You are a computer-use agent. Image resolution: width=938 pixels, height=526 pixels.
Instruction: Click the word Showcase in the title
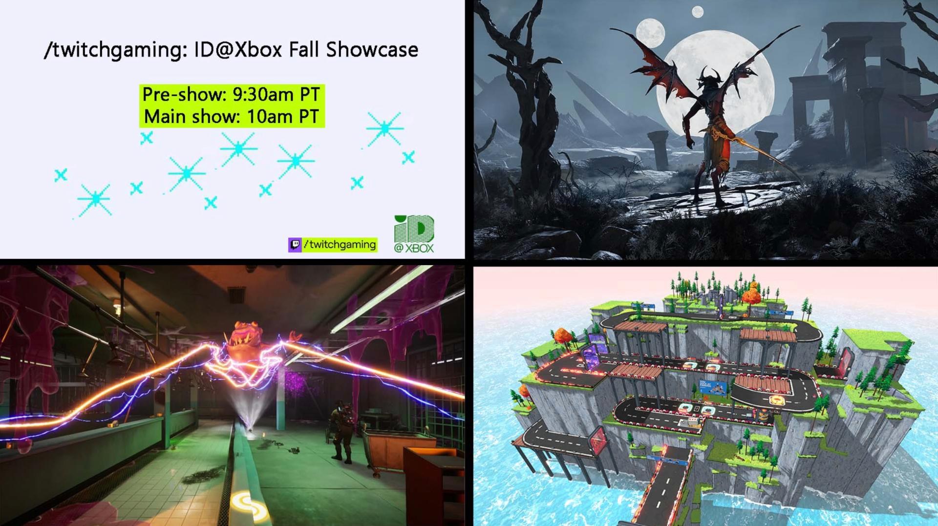[372, 50]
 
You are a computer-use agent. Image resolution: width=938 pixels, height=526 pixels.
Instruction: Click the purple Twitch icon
[295, 244]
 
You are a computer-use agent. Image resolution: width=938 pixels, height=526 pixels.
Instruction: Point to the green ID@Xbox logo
[414, 234]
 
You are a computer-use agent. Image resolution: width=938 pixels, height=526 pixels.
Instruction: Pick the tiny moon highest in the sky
[698, 12]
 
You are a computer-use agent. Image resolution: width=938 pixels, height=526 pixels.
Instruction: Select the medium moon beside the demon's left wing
[651, 31]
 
